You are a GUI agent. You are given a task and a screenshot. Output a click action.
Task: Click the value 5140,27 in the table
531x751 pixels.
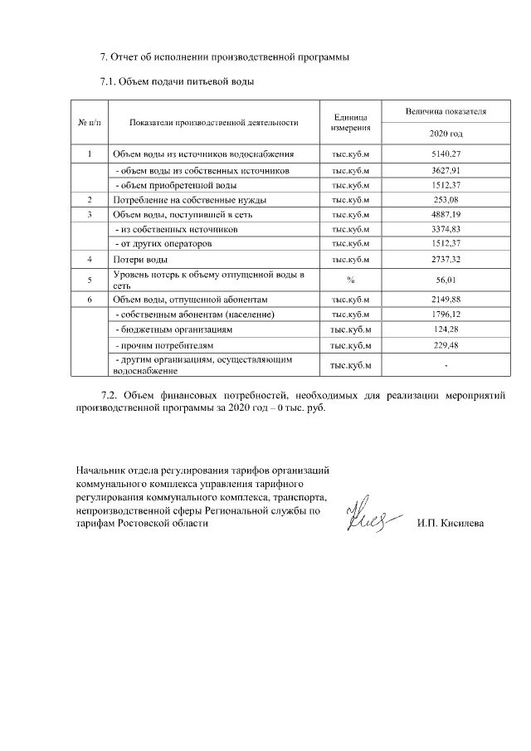point(446,154)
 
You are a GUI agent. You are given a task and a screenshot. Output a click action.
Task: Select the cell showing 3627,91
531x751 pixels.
point(446,170)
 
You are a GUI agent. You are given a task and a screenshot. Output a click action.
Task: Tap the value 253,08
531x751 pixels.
point(446,200)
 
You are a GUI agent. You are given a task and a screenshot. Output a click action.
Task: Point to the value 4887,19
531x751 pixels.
point(446,215)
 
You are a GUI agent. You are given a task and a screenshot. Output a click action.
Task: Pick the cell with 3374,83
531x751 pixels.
point(446,229)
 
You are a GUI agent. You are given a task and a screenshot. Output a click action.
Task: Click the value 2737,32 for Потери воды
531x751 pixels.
point(446,260)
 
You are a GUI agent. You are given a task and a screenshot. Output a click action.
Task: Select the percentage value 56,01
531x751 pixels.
point(446,280)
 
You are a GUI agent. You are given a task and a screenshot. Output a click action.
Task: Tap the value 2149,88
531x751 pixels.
point(446,299)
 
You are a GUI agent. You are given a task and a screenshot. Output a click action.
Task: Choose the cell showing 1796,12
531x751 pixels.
point(446,315)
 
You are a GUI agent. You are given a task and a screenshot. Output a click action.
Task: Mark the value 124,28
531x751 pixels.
point(446,329)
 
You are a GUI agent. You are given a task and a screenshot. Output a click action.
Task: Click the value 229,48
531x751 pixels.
point(446,344)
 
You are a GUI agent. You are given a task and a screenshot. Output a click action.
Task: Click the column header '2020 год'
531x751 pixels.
point(446,134)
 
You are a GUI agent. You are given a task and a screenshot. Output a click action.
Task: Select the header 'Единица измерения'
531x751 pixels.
point(350,122)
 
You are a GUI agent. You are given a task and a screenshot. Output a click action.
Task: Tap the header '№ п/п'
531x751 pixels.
point(89,122)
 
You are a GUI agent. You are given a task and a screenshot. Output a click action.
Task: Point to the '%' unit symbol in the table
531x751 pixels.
point(350,280)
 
